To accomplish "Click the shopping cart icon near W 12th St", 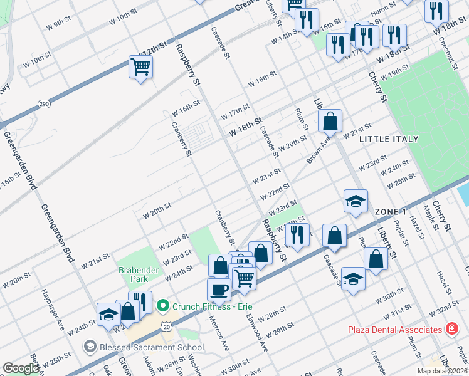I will pos(140,66).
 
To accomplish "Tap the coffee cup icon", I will pos(219,290).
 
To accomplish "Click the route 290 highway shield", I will pos(43,103).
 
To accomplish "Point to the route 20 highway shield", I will pos(166,326).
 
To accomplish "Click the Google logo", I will pos(21,368).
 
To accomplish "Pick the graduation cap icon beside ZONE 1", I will pos(356,201).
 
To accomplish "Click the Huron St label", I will pos(383,4).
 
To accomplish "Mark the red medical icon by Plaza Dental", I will pos(451,329).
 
